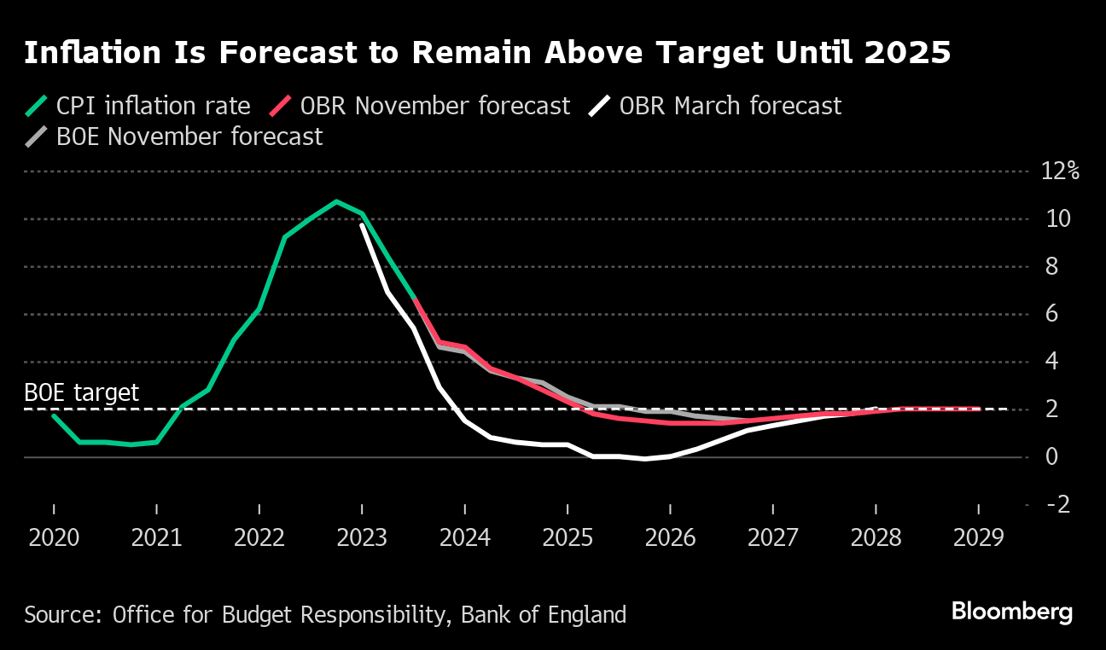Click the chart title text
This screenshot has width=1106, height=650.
(x=486, y=53)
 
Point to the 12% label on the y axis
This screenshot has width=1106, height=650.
(x=1061, y=171)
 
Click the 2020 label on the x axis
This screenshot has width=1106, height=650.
(x=54, y=538)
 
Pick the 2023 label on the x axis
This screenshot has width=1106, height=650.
(x=362, y=538)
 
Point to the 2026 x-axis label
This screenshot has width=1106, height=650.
(x=670, y=538)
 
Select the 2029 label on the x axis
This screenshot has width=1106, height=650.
(x=978, y=538)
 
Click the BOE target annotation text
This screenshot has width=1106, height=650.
(x=81, y=393)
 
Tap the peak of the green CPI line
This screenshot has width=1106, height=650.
(x=336, y=202)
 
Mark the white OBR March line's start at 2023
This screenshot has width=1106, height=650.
(x=362, y=225)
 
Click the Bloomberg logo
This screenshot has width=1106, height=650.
(x=1011, y=612)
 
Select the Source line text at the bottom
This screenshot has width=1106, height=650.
(x=325, y=614)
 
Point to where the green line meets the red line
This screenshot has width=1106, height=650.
(x=414, y=299)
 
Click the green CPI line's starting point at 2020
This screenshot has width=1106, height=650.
(x=54, y=415)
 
